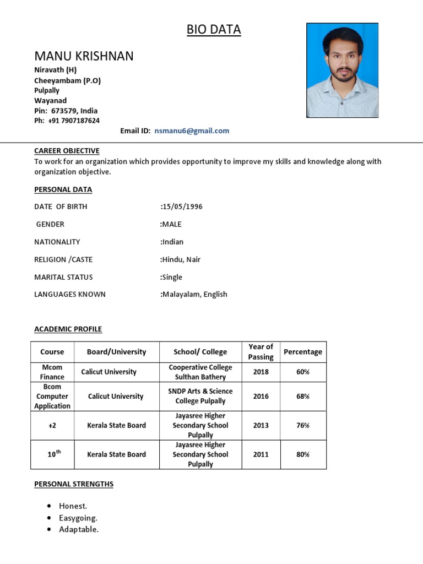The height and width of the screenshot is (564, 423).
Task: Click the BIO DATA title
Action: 214,30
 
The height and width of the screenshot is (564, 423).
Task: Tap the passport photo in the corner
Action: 342,70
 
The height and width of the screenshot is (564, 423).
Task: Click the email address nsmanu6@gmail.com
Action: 192,131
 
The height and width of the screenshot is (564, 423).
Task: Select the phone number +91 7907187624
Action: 74,121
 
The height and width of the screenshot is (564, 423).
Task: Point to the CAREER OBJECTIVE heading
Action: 67,151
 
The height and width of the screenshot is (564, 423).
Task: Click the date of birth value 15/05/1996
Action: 182,207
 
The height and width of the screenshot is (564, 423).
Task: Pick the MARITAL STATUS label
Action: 63,277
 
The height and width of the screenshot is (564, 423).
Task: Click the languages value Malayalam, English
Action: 194,295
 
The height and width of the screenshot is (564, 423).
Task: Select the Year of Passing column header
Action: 261,352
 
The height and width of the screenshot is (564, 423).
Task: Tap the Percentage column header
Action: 303,352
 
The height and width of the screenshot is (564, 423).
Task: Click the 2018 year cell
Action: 261,372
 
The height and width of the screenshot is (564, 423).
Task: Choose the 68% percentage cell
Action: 303,397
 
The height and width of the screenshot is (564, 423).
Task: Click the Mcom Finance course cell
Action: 52,372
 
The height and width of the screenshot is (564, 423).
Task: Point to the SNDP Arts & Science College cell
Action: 200,397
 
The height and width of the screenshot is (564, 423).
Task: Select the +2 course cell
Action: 52,426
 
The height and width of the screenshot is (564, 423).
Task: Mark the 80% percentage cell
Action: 303,455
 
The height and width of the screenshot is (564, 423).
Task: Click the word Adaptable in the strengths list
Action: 79,530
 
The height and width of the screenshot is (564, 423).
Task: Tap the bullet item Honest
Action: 73,506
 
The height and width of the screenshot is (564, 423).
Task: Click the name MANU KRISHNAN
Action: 84,56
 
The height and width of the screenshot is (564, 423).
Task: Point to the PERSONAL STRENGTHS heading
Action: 74,484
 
